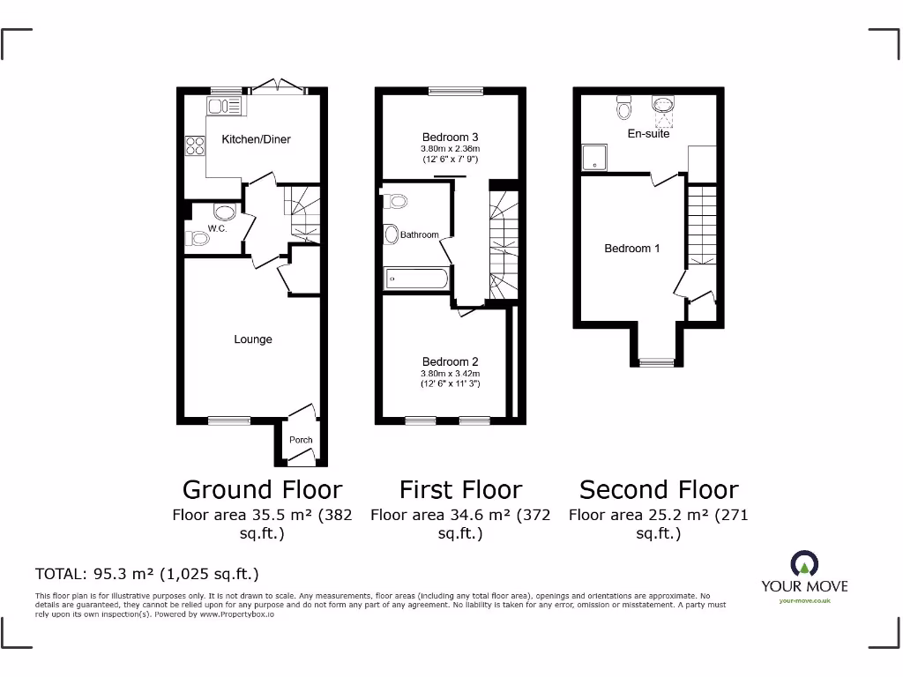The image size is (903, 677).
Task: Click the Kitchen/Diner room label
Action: (256, 139)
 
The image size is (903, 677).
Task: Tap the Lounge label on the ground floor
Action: (253, 339)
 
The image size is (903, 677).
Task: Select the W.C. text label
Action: (217, 229)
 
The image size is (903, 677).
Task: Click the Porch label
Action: (301, 440)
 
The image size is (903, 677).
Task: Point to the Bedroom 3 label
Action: (450, 138)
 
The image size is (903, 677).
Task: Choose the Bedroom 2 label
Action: (450, 362)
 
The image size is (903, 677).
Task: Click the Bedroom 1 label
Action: (631, 249)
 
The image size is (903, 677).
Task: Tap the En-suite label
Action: (648, 134)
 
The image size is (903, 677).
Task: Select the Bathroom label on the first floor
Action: (419, 235)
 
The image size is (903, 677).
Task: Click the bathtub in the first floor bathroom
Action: (417, 279)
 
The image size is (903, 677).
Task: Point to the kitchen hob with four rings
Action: (194, 146)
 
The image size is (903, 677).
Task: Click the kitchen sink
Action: (224, 107)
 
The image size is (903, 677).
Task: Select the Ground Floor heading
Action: (262, 489)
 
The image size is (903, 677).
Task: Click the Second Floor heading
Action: (659, 489)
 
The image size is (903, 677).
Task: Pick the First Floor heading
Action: (460, 489)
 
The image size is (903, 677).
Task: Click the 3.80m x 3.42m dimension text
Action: (450, 375)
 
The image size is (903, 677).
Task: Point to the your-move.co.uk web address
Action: (804, 601)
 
